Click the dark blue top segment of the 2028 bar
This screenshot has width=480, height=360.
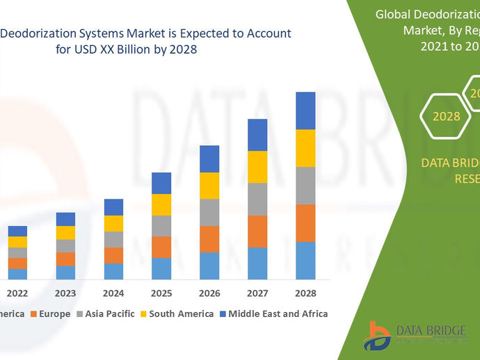pyautogui.click(x=305, y=110)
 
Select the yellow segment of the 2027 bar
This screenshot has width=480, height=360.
pyautogui.click(x=257, y=167)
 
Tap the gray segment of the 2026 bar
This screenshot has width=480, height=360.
pyautogui.click(x=209, y=212)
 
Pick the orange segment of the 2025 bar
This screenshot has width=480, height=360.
pyautogui.click(x=161, y=247)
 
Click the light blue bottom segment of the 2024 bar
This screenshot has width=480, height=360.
pyautogui.click(x=113, y=271)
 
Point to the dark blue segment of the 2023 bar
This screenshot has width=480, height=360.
pyautogui.click(x=65, y=219)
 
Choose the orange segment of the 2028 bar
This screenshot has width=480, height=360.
pyautogui.click(x=305, y=222)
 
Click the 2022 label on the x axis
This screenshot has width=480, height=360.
pyautogui.click(x=17, y=293)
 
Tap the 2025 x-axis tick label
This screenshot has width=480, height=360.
pyautogui.click(x=161, y=293)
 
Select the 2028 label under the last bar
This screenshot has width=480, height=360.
pyautogui.click(x=305, y=293)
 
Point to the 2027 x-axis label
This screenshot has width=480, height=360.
pyautogui.click(x=257, y=293)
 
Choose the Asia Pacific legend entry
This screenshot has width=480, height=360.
pyautogui.click(x=109, y=314)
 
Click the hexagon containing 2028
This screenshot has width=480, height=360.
pyautogui.click(x=446, y=116)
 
